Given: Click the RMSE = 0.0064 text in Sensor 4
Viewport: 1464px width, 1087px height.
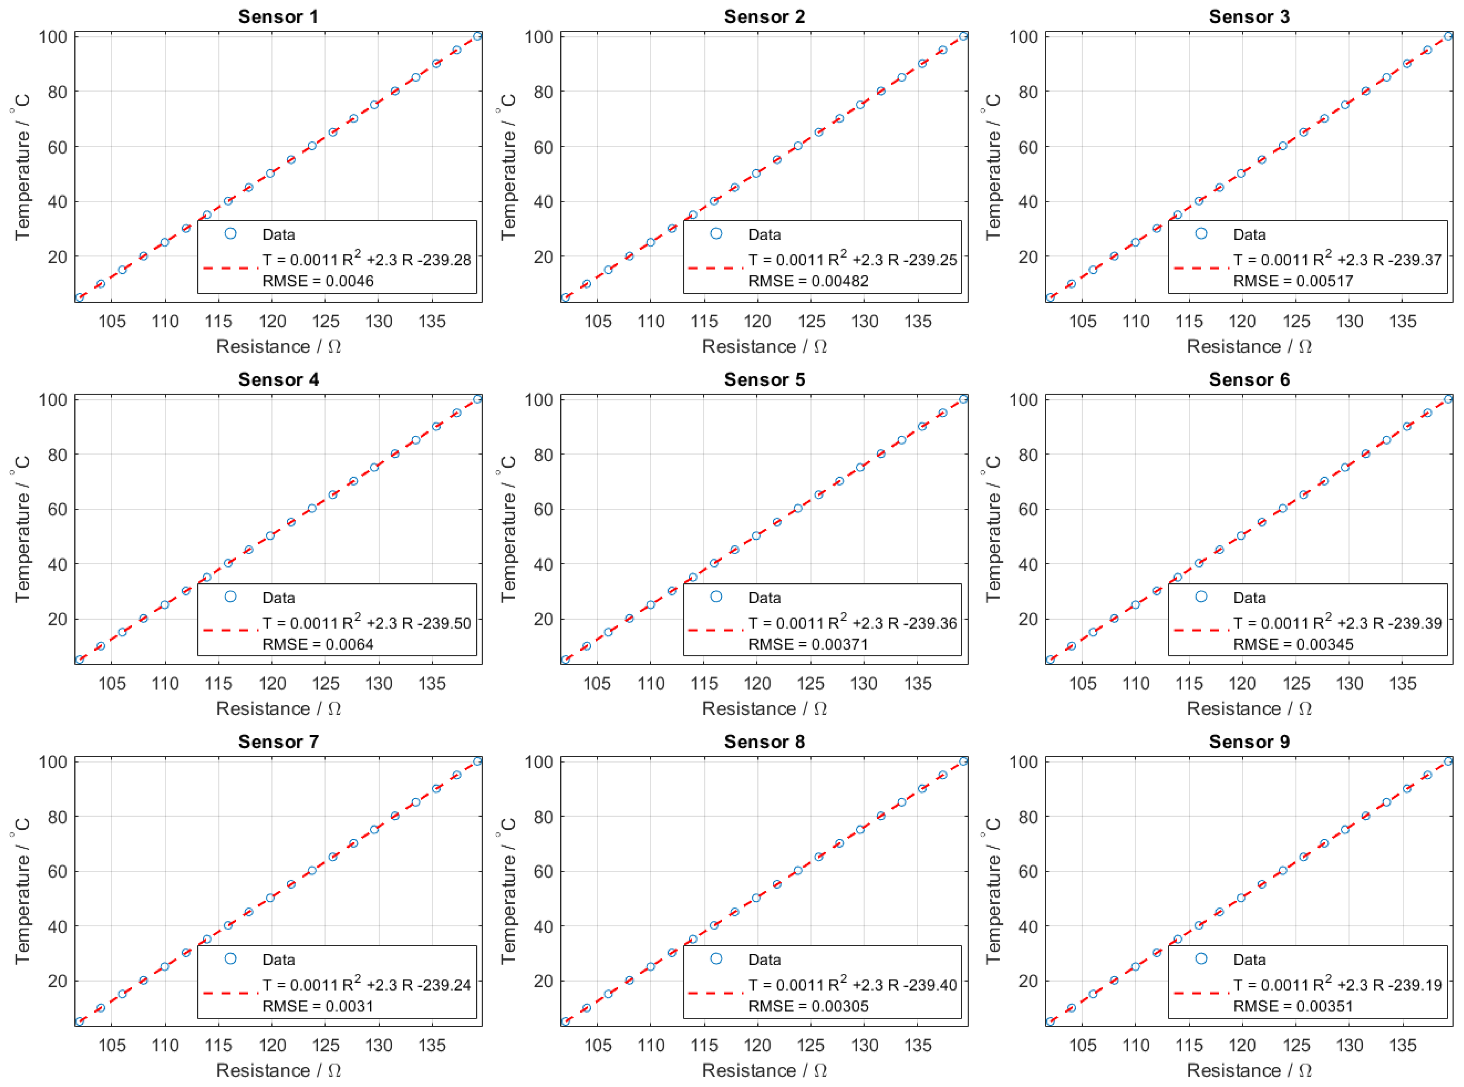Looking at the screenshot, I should click(x=318, y=644).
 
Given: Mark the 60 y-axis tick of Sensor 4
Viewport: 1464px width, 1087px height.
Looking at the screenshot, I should click(x=57, y=509).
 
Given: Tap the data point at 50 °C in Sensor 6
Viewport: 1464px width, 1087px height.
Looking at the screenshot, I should click(x=1240, y=536).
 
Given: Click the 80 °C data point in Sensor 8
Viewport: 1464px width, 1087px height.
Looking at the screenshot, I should click(x=880, y=816).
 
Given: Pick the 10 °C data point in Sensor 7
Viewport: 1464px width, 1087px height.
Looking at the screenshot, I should click(x=100, y=1008).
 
